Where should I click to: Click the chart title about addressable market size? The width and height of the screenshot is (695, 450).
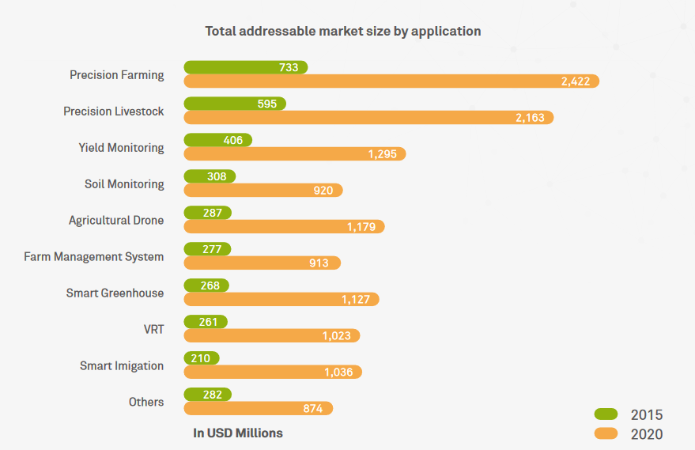(x=342, y=32)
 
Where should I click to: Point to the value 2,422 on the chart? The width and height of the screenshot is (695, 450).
(x=576, y=81)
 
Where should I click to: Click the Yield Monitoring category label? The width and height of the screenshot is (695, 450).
(x=121, y=148)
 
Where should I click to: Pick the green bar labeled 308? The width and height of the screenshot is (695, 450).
(x=210, y=176)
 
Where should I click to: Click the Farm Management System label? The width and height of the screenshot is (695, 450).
(x=94, y=257)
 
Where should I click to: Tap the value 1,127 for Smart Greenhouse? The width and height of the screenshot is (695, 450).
(x=356, y=300)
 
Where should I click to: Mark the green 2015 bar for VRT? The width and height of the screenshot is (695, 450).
(x=206, y=322)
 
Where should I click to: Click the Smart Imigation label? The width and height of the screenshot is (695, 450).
(x=122, y=366)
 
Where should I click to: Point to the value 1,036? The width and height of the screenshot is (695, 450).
(x=338, y=372)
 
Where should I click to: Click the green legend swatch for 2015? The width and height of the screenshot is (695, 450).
(x=606, y=414)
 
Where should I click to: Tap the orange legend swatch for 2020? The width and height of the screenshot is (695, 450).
(x=606, y=433)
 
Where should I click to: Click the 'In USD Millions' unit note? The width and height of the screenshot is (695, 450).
(x=237, y=433)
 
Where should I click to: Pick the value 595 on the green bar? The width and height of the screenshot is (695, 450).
(x=267, y=104)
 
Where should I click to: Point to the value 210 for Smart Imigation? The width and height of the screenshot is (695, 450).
(x=200, y=358)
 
